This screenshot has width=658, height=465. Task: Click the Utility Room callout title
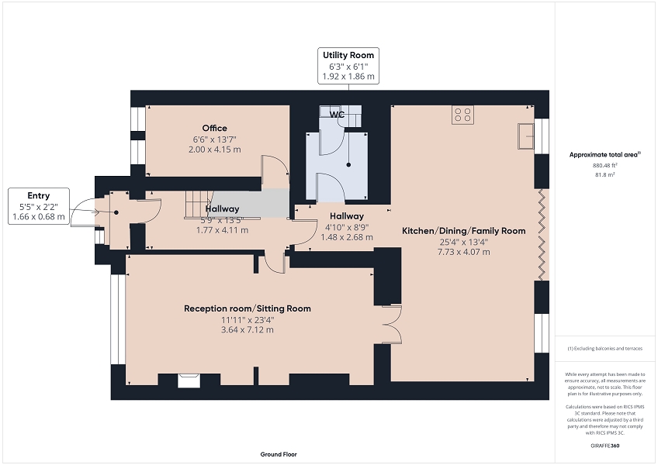[x=348, y=55]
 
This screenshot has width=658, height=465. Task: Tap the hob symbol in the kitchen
[x=463, y=115]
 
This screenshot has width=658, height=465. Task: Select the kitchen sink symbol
[x=526, y=136]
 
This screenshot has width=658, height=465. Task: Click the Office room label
[x=214, y=129]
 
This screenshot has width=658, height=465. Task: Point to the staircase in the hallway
[x=199, y=204]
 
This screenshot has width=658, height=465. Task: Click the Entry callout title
[x=39, y=195]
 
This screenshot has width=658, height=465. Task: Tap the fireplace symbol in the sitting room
[x=189, y=381]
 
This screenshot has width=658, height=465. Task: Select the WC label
[x=337, y=115]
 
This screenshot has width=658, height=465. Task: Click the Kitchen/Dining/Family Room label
[x=464, y=231]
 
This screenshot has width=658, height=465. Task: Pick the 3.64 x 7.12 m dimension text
[x=248, y=330]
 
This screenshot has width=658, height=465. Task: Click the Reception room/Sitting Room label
[x=248, y=308]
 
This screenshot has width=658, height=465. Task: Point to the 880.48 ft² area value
[x=604, y=165]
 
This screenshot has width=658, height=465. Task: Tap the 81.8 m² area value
[x=604, y=175]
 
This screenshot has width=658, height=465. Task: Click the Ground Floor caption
[x=279, y=454]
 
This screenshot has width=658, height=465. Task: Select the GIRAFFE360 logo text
[x=604, y=446]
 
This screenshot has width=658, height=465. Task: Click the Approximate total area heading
[x=604, y=155]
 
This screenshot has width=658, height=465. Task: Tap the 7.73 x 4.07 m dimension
[x=464, y=252]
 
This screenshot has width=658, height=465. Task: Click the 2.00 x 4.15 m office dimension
[x=215, y=150]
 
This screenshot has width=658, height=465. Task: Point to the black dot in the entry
[x=116, y=212]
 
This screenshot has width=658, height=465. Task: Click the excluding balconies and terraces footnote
[x=604, y=349]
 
